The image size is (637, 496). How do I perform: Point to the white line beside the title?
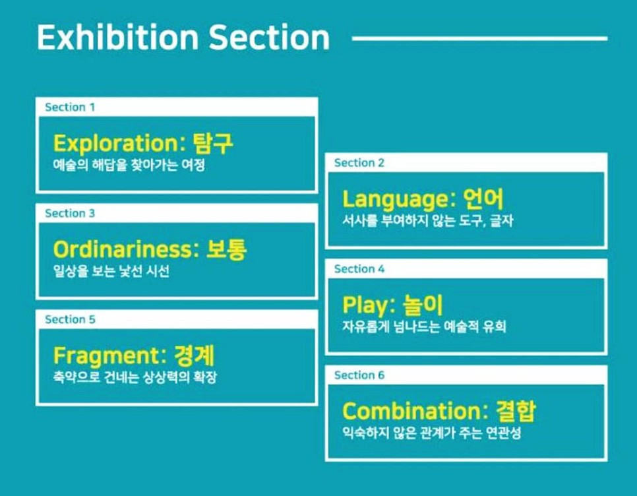click(480, 38)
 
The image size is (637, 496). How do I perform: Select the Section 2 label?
click(359, 163)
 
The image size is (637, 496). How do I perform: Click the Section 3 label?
click(69, 213)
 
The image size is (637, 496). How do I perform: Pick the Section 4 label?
click(359, 269)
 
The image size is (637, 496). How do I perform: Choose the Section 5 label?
click(69, 319)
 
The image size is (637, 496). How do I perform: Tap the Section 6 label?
click(359, 375)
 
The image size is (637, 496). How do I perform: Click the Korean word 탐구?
click(214, 143)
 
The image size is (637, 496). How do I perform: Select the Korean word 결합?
click(516, 411)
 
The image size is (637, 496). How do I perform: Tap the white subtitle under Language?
click(427, 221)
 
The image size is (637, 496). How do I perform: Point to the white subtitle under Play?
click(424, 326)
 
